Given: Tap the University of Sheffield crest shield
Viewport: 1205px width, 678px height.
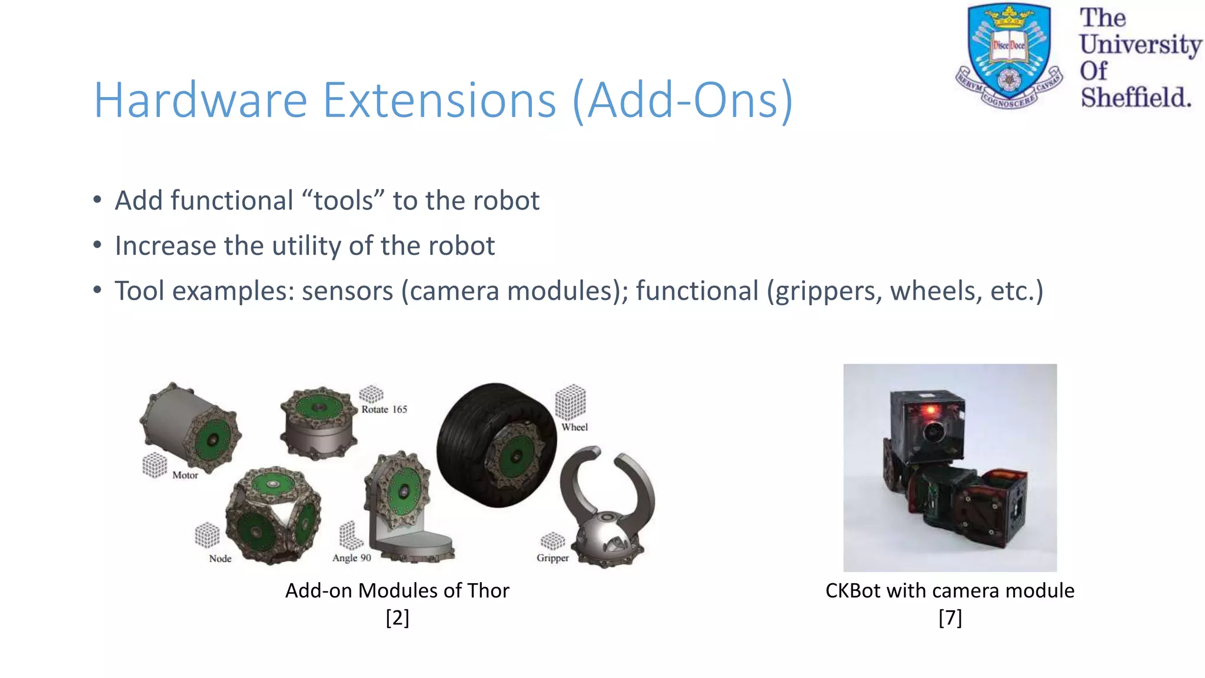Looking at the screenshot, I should (x=1009, y=53).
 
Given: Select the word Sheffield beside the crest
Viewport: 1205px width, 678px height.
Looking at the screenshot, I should (x=1136, y=98).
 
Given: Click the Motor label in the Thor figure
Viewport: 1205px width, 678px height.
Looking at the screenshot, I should (x=185, y=475).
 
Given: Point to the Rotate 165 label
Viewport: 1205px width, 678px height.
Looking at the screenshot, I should (x=384, y=409).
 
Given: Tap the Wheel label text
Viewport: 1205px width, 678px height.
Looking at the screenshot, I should (x=574, y=427).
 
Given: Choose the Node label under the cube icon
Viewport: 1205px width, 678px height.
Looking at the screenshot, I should (x=220, y=559).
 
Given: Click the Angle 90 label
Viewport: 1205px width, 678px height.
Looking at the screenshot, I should (x=351, y=558).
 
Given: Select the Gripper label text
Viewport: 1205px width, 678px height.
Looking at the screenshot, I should (x=552, y=558).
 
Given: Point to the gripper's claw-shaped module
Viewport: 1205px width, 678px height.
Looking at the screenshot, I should (x=606, y=506).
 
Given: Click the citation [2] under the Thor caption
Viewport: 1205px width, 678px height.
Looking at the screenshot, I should (x=397, y=618).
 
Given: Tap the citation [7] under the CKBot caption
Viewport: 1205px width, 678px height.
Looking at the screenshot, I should (x=950, y=618).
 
